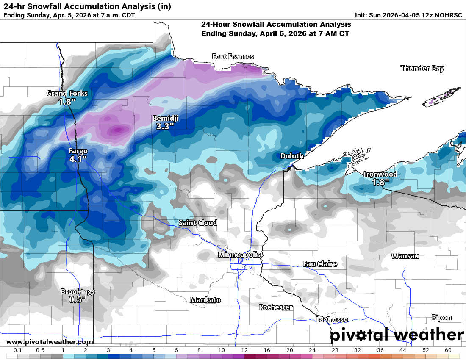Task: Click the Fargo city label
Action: coord(78,151)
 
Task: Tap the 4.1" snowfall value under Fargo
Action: coord(78,159)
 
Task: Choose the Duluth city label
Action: coord(292,156)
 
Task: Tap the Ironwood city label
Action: coord(380,174)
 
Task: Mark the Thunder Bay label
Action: coord(422,68)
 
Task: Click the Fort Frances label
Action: coord(233,56)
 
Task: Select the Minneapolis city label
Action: coord(239,255)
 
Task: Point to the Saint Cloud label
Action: coord(198,223)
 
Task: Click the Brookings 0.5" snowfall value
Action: coord(78,299)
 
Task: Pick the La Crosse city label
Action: coord(332,320)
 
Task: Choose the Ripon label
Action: coord(441,317)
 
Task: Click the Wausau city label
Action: coord(405,256)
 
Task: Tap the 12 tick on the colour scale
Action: coord(244,350)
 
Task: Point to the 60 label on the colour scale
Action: coord(448,350)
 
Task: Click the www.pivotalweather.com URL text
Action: coord(50,342)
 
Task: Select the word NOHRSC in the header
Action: coord(449,15)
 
